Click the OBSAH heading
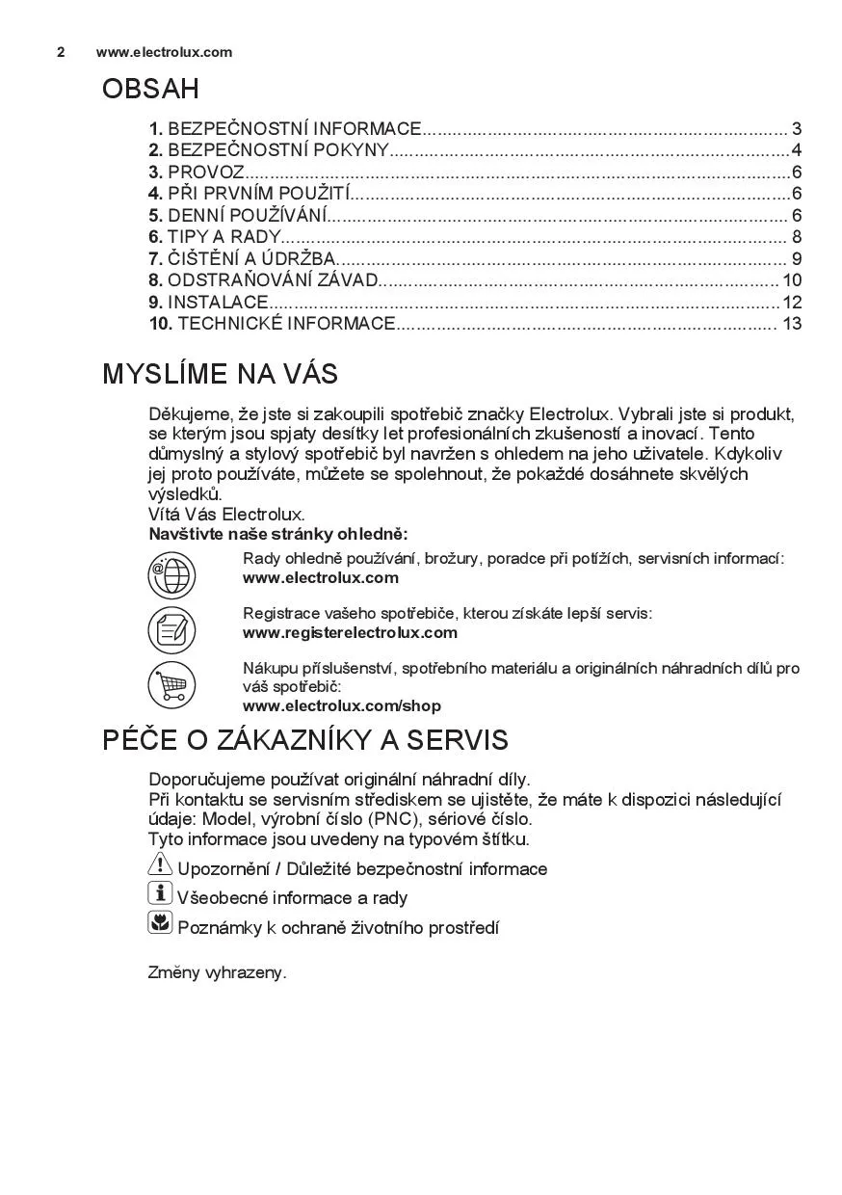(x=150, y=90)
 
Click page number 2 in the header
(x=61, y=52)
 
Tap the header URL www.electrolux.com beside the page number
(x=164, y=52)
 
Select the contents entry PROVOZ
(x=205, y=173)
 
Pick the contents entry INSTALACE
(x=217, y=302)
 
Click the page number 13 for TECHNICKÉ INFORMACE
(x=792, y=324)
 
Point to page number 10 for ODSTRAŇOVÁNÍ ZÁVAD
(x=792, y=280)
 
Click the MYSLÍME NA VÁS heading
(x=220, y=374)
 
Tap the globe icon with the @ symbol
(x=171, y=575)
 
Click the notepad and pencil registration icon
(x=171, y=630)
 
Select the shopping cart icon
(x=171, y=685)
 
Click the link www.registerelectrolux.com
(x=350, y=633)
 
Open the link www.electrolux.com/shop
(x=341, y=706)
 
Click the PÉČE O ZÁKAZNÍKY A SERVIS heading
(x=304, y=741)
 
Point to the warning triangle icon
(x=160, y=865)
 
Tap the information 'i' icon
(x=160, y=894)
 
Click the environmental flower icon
(x=160, y=924)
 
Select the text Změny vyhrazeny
(x=217, y=972)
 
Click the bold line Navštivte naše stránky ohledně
(x=277, y=534)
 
